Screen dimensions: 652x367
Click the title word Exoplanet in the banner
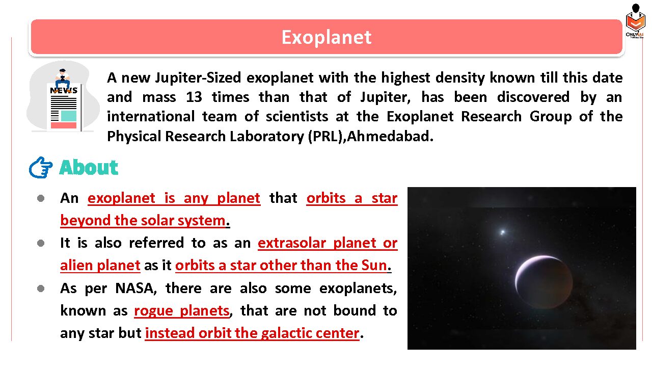(x=327, y=38)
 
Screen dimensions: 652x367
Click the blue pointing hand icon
(x=41, y=168)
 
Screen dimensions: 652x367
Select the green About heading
(x=89, y=168)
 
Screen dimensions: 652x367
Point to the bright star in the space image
(x=503, y=232)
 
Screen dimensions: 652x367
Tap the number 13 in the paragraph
(x=194, y=97)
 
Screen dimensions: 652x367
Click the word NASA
(x=136, y=289)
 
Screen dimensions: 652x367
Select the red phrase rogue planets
(x=182, y=310)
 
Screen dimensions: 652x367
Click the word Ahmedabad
(x=390, y=136)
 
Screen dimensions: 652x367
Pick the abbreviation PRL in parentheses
(x=325, y=136)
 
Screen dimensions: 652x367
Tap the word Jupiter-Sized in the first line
(x=198, y=78)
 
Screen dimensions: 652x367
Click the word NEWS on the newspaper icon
(x=64, y=90)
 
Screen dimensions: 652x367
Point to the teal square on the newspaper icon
(x=69, y=116)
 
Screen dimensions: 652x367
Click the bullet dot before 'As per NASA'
(x=41, y=289)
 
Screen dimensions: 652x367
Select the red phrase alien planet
(x=100, y=266)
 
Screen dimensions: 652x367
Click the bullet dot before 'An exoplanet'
(x=41, y=198)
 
